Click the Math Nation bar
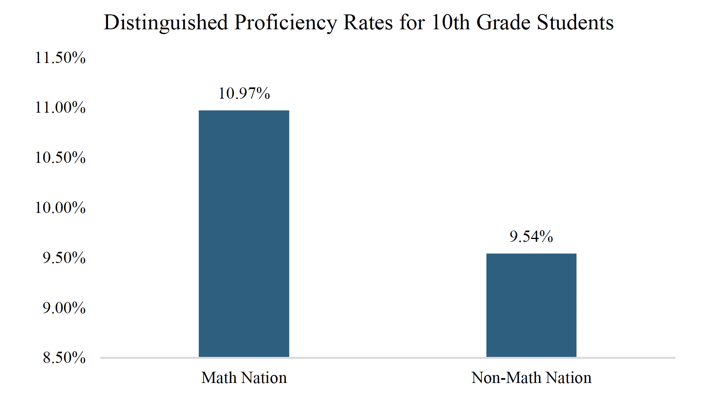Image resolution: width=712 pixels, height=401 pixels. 244,233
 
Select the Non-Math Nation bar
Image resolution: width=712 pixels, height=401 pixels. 531,305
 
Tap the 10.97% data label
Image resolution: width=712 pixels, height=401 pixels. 244,93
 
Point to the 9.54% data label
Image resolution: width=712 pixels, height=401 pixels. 531,237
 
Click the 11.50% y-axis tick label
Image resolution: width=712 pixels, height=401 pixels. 60,58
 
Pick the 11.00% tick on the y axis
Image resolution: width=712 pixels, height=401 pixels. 60,107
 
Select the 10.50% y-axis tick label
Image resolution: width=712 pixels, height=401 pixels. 60,158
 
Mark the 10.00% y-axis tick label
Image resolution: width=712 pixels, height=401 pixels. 60,208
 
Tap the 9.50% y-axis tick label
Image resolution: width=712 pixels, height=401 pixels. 64,258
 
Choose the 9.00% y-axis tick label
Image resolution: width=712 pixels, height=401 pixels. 64,308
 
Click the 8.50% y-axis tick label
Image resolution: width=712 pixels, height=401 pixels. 64,358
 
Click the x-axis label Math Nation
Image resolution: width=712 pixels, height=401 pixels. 244,378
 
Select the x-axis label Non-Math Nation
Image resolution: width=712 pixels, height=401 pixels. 531,378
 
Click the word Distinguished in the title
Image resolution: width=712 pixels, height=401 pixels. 166,23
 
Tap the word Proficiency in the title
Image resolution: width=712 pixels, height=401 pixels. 285,23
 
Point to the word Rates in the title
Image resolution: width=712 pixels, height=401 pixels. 368,23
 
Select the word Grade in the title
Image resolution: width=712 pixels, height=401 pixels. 504,23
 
